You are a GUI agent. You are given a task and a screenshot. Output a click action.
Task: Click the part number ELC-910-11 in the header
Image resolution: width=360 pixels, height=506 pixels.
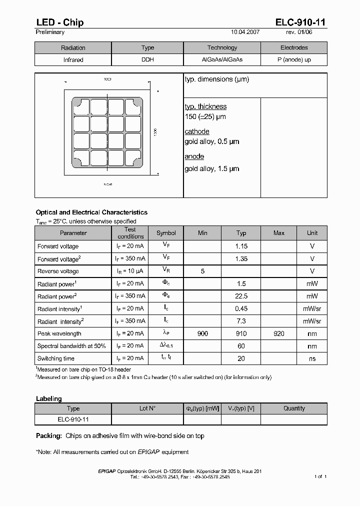pyautogui.click(x=301, y=22)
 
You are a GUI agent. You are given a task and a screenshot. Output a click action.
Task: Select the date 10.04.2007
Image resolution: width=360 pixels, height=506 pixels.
pyautogui.click(x=245, y=32)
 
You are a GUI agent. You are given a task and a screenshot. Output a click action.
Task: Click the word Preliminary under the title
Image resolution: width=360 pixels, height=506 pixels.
pyautogui.click(x=50, y=32)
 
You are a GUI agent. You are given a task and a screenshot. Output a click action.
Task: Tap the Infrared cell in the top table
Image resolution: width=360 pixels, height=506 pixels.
pyautogui.click(x=73, y=59)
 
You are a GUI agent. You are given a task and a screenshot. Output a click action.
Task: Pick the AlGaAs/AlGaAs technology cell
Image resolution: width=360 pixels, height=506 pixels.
pyautogui.click(x=222, y=59)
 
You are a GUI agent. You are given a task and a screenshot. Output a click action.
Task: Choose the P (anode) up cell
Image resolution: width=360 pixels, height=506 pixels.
pyautogui.click(x=294, y=59)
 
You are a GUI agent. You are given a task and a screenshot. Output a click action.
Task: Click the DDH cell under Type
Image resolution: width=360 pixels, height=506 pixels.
pyautogui.click(x=148, y=59)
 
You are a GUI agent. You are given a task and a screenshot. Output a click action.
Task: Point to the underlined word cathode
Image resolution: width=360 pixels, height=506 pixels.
pyautogui.click(x=197, y=131)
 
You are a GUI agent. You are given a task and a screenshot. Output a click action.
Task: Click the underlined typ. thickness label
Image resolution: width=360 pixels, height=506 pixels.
pyautogui.click(x=205, y=106)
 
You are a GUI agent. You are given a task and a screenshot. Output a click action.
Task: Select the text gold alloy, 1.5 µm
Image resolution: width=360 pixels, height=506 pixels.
pyautogui.click(x=212, y=168)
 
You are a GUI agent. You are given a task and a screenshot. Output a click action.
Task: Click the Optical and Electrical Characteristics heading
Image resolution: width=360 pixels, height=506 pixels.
pyautogui.click(x=91, y=212)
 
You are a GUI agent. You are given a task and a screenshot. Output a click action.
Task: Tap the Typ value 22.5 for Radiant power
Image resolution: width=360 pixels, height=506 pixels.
pyautogui.click(x=241, y=296)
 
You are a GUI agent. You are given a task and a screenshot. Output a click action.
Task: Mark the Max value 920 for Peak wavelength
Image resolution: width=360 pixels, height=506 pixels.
pyautogui.click(x=279, y=333)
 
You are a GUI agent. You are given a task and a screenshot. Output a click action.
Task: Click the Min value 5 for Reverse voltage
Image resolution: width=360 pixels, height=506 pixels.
pyautogui.click(x=202, y=271)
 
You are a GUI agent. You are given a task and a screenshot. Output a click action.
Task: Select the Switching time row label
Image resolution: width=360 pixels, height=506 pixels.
pyautogui.click(x=56, y=358)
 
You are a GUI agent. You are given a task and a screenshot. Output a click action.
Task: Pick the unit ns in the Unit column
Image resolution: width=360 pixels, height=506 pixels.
pyautogui.click(x=312, y=358)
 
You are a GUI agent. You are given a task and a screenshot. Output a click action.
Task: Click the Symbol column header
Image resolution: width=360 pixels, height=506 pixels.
pyautogui.click(x=166, y=233)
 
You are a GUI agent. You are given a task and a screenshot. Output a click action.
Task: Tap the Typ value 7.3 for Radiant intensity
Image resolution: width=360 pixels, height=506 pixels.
pyautogui.click(x=241, y=321)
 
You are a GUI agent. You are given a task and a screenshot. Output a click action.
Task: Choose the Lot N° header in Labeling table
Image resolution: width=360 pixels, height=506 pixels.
pyautogui.click(x=147, y=408)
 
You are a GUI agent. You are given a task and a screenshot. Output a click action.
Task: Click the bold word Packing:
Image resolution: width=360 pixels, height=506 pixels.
pyautogui.click(x=48, y=436)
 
